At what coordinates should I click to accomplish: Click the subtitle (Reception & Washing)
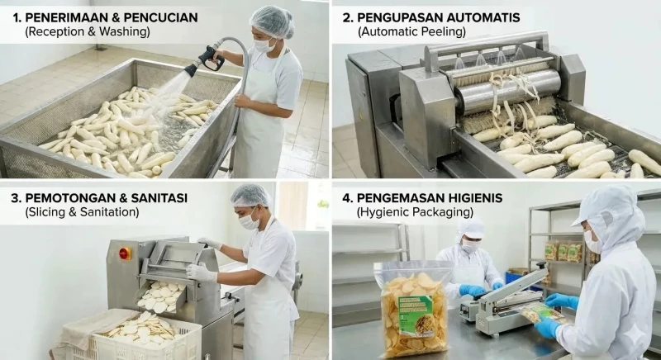[87, 32]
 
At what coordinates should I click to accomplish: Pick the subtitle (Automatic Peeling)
[411, 32]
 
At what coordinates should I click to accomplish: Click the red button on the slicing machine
[126, 253]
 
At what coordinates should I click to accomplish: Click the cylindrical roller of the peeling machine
[504, 91]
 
